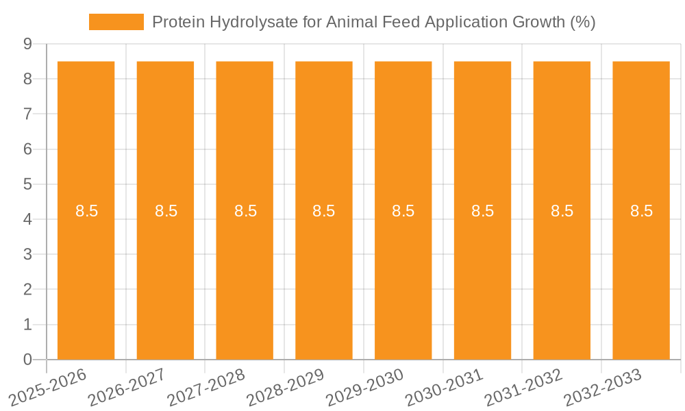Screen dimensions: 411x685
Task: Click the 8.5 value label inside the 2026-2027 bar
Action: click(x=166, y=211)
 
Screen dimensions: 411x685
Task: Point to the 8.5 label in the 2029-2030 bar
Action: click(x=403, y=211)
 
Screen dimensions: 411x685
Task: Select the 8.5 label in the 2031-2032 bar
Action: click(x=562, y=211)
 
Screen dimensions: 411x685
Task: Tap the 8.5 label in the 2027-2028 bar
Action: click(x=245, y=211)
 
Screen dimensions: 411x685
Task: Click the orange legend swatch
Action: click(x=116, y=22)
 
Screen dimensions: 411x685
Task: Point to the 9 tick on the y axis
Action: click(x=27, y=44)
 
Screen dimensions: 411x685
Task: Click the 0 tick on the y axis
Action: click(x=27, y=360)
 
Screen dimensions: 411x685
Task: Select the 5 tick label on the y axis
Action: click(x=27, y=184)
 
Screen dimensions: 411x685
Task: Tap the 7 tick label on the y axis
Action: click(x=27, y=114)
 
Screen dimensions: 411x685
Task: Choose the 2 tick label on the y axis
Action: click(x=27, y=290)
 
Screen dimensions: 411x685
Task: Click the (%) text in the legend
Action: click(x=582, y=22)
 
